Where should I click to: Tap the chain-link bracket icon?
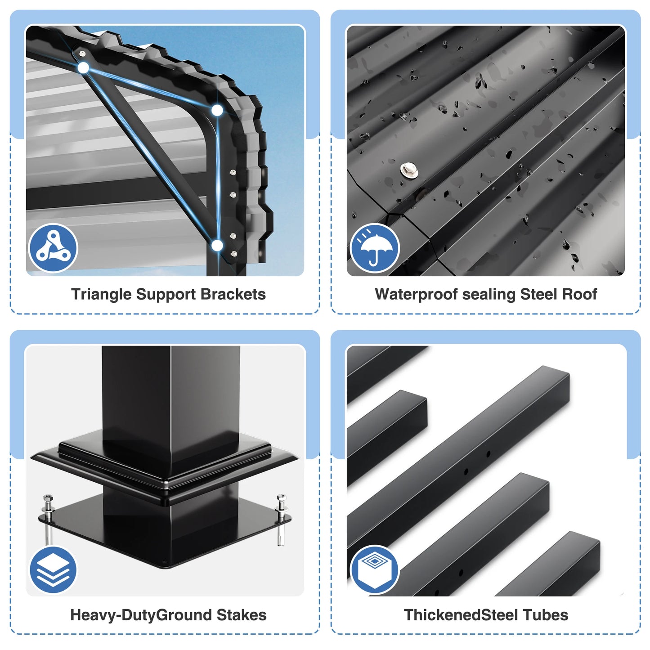(x=53, y=248)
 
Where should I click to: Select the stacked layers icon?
(x=53, y=569)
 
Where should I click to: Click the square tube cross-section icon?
(x=374, y=569)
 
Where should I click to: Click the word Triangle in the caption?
(x=101, y=294)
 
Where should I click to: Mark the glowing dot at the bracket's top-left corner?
(x=83, y=68)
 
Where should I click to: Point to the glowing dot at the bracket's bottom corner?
(x=217, y=246)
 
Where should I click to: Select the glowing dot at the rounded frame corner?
(x=217, y=110)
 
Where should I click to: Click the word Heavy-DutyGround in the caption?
(x=141, y=615)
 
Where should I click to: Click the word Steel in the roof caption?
(x=538, y=294)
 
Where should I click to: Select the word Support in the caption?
(x=166, y=294)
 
